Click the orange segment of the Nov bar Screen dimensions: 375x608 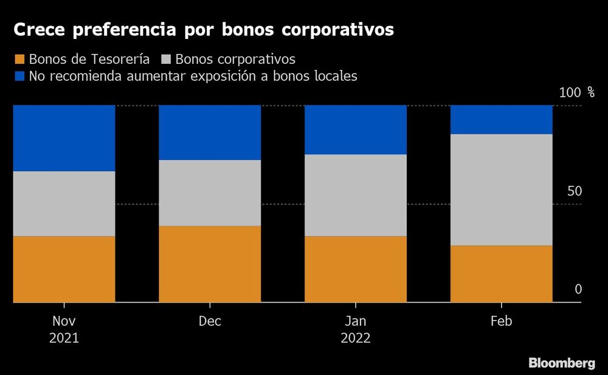[64, 269]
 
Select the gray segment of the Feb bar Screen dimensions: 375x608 [501, 190]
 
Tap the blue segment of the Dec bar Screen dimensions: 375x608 [210, 132]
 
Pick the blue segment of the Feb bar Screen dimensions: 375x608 [501, 119]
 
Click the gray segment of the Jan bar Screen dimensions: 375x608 [355, 195]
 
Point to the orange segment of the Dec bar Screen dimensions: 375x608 [210, 264]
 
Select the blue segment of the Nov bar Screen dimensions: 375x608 [64, 138]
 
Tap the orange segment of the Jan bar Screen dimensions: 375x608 [355, 269]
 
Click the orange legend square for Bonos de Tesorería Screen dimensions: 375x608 [19, 60]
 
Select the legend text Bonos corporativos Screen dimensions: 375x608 [235, 60]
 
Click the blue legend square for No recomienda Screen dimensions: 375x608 [19, 77]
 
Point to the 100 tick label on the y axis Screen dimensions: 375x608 [570, 93]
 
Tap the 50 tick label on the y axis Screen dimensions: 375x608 [575, 191]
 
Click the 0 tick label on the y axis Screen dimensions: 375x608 [578, 289]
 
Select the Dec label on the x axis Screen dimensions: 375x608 [210, 322]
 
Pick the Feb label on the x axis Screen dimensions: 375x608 [501, 322]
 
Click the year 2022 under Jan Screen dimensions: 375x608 [355, 338]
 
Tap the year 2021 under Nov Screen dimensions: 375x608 [64, 338]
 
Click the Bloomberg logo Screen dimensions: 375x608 [561, 363]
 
